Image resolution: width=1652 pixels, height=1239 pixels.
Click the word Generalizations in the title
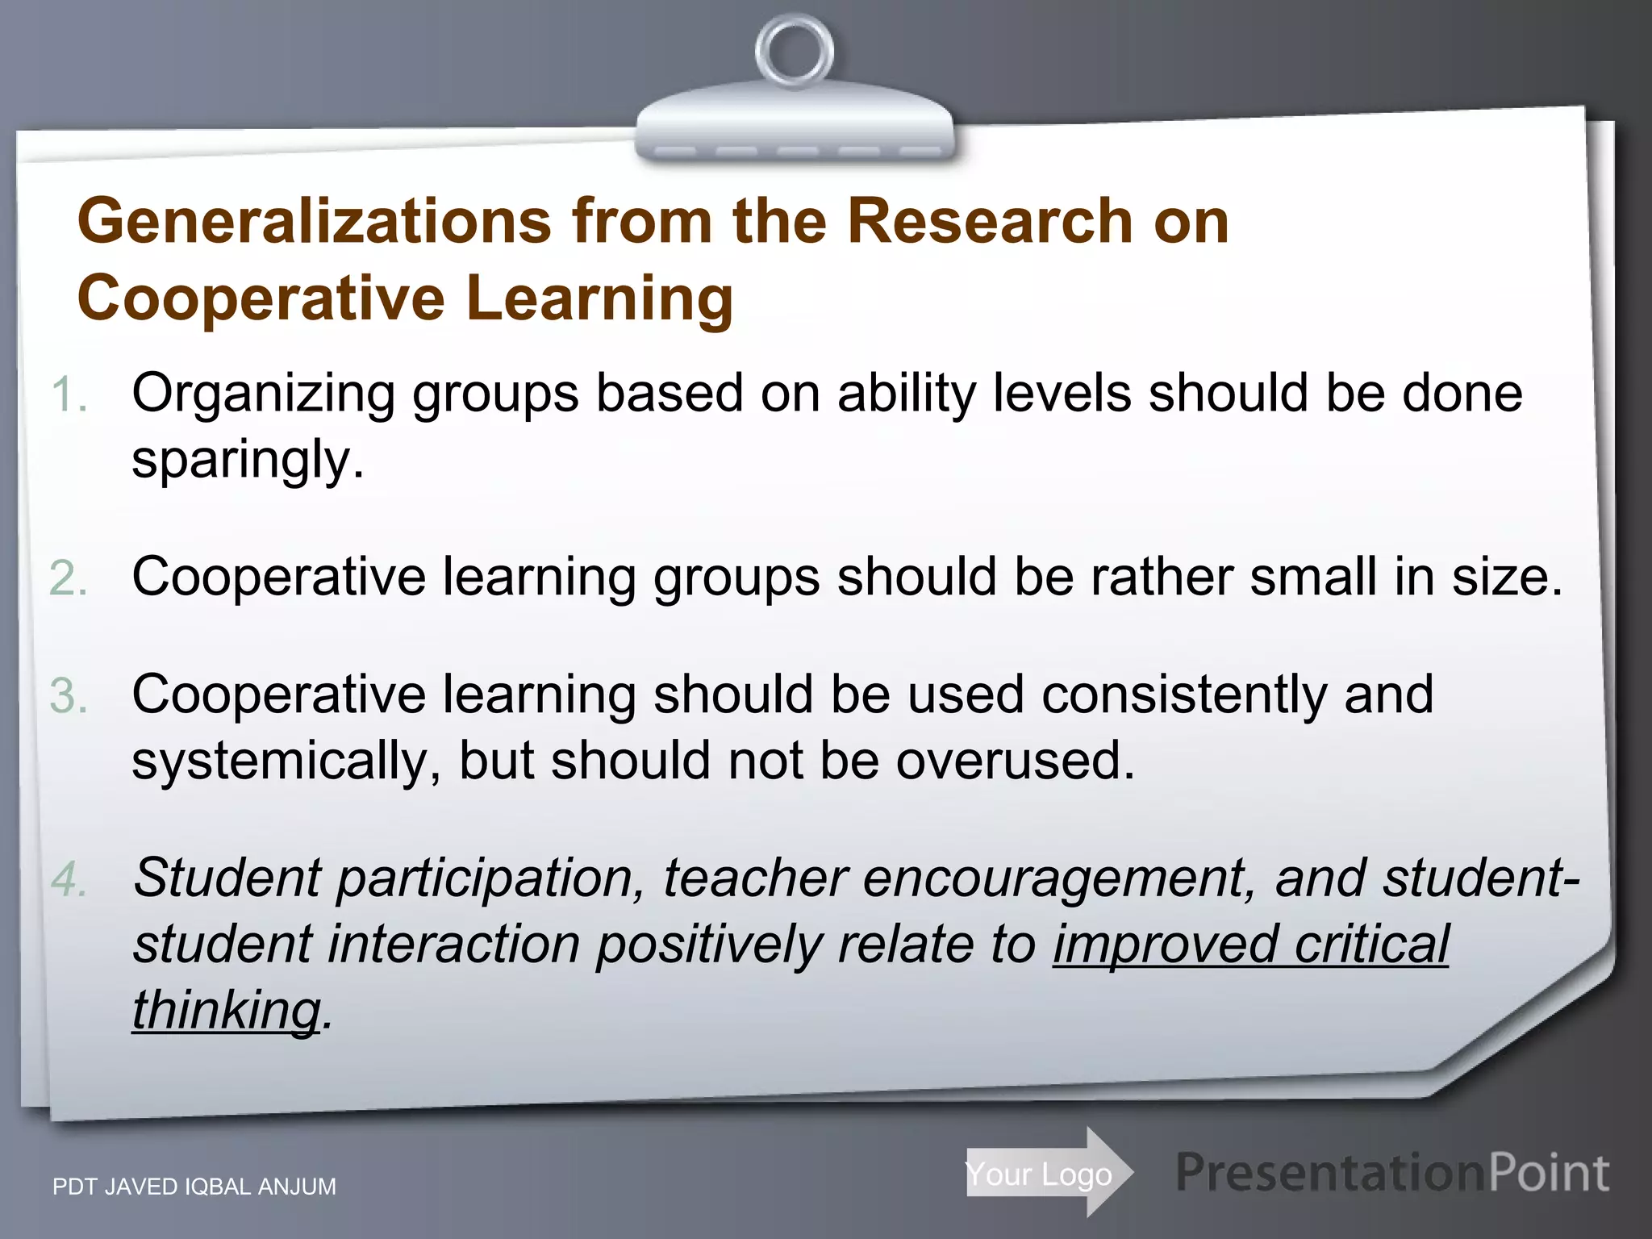click(315, 221)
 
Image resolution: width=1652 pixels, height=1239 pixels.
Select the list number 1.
click(68, 395)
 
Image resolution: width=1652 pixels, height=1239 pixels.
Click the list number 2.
click(68, 578)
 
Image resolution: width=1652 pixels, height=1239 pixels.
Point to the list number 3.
click(68, 696)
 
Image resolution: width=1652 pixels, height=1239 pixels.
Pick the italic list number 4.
click(68, 878)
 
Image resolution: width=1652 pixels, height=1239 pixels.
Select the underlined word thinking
click(227, 1010)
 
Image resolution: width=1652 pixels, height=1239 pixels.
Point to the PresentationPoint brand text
click(1391, 1174)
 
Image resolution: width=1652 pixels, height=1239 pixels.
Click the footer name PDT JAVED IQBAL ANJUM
click(194, 1187)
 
